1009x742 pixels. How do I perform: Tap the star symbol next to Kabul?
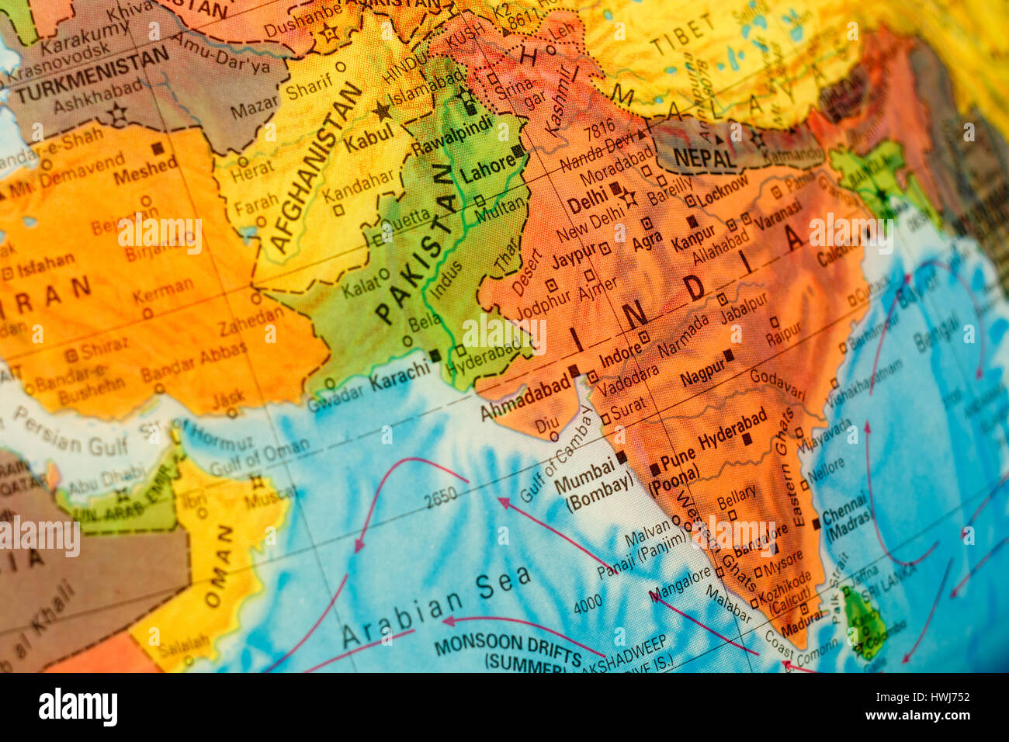[x=383, y=111]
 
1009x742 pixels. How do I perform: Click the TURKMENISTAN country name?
[x=92, y=75]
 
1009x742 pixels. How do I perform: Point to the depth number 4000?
[x=588, y=603]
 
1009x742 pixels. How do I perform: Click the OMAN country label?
[x=220, y=567]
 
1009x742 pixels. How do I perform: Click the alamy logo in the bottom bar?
[x=78, y=707]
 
